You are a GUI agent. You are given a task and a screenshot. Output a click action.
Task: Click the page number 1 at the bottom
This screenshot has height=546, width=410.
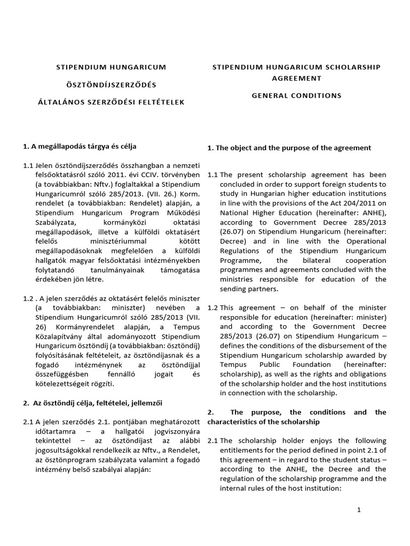click(359, 510)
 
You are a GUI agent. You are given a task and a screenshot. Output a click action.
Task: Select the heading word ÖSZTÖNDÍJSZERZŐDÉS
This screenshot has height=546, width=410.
click(111, 85)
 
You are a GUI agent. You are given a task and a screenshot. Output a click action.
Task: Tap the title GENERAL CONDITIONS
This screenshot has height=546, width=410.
click(296, 95)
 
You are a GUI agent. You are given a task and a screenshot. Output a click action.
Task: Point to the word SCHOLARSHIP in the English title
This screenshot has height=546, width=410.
click(354, 67)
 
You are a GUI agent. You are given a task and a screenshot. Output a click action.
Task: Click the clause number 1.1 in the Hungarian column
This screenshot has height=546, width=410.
click(28, 165)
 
